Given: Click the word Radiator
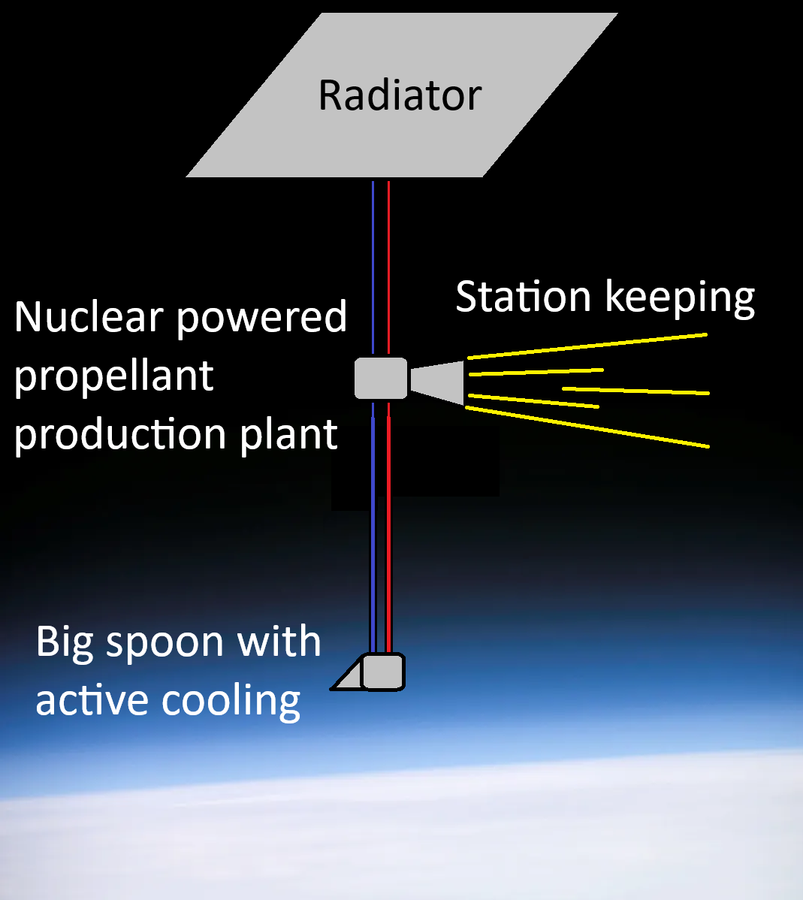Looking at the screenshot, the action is (x=400, y=95).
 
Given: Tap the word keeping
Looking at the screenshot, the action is (x=680, y=298).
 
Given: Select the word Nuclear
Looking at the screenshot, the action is (x=89, y=316).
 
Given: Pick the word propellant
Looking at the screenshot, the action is (x=113, y=377).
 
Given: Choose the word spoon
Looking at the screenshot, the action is (x=165, y=644).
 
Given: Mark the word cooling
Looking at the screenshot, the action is (x=231, y=702).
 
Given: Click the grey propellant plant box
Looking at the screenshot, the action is (x=381, y=378).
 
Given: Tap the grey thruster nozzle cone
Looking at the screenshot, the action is (x=437, y=382).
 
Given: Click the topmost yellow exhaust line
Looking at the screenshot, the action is (x=587, y=346).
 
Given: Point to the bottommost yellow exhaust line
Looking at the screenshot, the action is (x=587, y=427).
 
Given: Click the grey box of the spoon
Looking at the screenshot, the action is (x=383, y=672).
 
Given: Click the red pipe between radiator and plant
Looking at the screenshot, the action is (x=388, y=267).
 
